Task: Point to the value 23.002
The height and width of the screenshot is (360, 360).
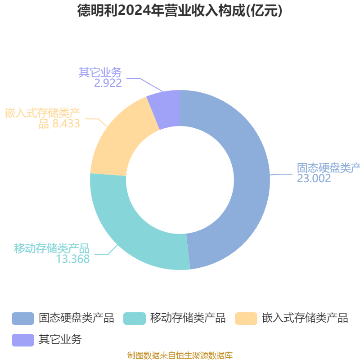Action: coord(314,178)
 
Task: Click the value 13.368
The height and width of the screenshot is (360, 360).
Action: coord(73,259)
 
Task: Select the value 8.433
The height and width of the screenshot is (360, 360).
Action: coord(66,124)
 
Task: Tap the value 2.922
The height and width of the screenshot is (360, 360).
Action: coord(108,83)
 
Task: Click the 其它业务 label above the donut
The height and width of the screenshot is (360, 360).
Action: coord(100,72)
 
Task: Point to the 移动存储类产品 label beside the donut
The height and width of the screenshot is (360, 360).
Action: coord(52,248)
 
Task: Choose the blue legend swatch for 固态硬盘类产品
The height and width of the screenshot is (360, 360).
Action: coord(23,318)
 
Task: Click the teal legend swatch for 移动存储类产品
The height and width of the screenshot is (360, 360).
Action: coord(135,318)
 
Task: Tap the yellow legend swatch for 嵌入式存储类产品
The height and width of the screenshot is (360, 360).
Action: coord(246,318)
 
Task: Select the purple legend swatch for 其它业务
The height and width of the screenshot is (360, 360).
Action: coord(23,340)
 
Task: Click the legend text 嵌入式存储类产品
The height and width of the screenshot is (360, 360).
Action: coord(305,318)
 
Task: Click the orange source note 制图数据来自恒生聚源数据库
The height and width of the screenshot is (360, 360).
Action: coord(180,355)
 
